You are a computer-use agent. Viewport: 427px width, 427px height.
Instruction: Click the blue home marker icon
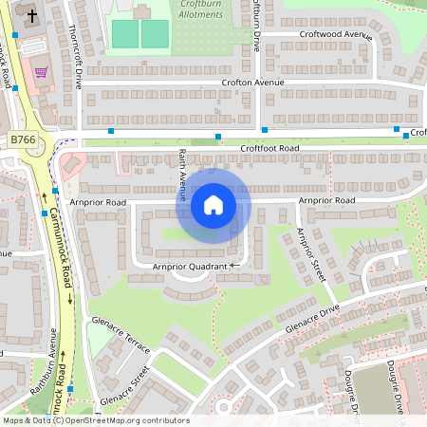(x=213, y=204)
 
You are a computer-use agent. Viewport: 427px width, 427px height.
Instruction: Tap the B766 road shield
(x=22, y=139)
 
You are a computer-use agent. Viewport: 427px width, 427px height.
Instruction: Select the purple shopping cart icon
(x=41, y=72)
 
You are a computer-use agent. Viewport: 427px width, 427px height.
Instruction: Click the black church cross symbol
(x=31, y=16)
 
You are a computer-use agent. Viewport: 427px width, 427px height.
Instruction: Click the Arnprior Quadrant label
(x=190, y=268)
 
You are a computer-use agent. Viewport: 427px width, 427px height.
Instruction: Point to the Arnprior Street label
(x=310, y=255)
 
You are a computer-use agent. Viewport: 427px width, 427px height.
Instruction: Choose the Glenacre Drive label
(x=306, y=320)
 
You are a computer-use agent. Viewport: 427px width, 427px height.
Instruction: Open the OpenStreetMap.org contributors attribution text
(x=124, y=419)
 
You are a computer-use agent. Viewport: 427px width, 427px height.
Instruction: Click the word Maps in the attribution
(x=14, y=419)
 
